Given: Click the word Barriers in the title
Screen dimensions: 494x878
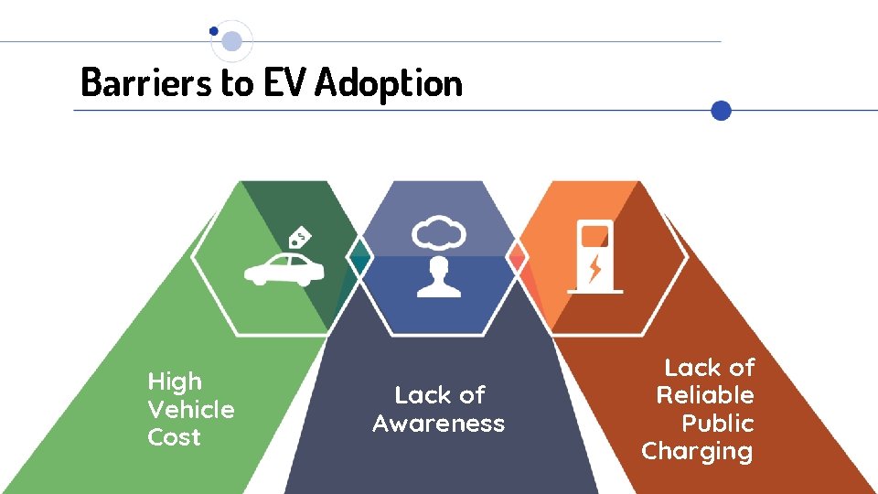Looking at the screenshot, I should click(x=146, y=82).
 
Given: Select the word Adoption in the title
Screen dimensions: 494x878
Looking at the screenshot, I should click(x=389, y=84).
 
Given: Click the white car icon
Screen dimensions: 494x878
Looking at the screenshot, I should click(x=283, y=269).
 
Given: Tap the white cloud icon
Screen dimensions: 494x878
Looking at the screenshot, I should click(x=439, y=233).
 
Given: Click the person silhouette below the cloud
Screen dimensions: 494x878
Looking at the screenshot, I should click(x=439, y=277).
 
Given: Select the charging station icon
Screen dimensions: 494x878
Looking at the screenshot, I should click(x=594, y=255).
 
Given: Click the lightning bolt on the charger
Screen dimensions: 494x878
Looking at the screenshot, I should click(x=595, y=267).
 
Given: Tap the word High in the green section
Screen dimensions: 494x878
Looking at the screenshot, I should click(x=175, y=381).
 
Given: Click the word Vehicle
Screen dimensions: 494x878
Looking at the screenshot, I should click(x=190, y=410).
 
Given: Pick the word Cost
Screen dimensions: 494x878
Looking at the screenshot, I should click(x=174, y=437).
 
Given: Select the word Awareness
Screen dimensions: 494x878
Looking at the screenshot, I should click(x=439, y=424).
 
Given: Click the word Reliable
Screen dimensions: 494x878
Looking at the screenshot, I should click(x=705, y=395).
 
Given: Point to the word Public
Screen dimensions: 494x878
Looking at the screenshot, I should click(x=718, y=424).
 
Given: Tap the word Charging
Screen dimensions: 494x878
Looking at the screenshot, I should click(x=697, y=452).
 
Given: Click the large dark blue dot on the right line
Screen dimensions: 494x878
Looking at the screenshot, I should click(x=722, y=111).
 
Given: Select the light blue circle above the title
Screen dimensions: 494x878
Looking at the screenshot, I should click(x=232, y=41).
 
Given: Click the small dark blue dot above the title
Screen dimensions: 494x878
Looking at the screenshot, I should click(x=214, y=30).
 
